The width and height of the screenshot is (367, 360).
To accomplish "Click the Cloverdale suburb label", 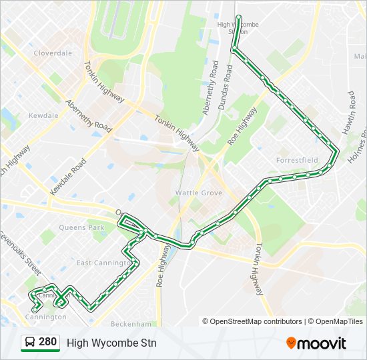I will pyautogui.click(x=53, y=53).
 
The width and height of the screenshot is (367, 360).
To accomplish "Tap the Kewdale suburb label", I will pyautogui.click(x=43, y=115).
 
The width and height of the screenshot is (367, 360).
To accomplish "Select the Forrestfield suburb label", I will pyautogui.click(x=297, y=160).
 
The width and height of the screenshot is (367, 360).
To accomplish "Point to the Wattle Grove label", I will pyautogui.click(x=198, y=193).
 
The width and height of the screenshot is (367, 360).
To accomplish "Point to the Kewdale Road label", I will pyautogui.click(x=67, y=177).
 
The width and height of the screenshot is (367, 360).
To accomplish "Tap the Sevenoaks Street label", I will pyautogui.click(x=19, y=253).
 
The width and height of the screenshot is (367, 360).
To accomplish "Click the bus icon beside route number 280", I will pyautogui.click(x=30, y=343).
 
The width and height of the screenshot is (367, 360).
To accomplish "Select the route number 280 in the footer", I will pyautogui.click(x=47, y=343).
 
